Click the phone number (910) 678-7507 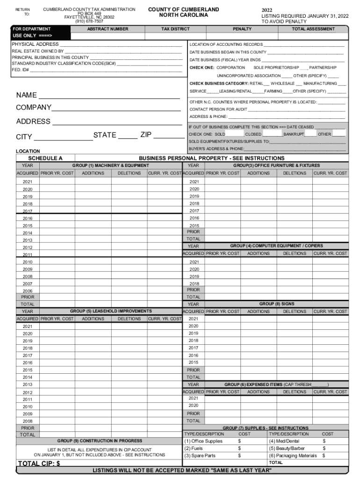(x=89, y=22)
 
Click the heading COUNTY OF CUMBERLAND (x=183, y=9)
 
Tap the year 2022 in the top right (x=267, y=10)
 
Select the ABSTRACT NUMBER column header (x=108, y=29)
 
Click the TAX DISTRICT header (x=175, y=29)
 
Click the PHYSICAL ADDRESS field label (x=35, y=44)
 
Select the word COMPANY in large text (x=34, y=108)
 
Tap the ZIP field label (x=146, y=135)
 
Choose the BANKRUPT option (x=293, y=134)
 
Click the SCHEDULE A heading (x=45, y=158)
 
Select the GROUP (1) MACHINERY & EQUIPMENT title (x=111, y=166)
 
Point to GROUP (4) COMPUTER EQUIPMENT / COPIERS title (x=276, y=246)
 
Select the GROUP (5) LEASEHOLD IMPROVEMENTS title (x=111, y=311)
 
